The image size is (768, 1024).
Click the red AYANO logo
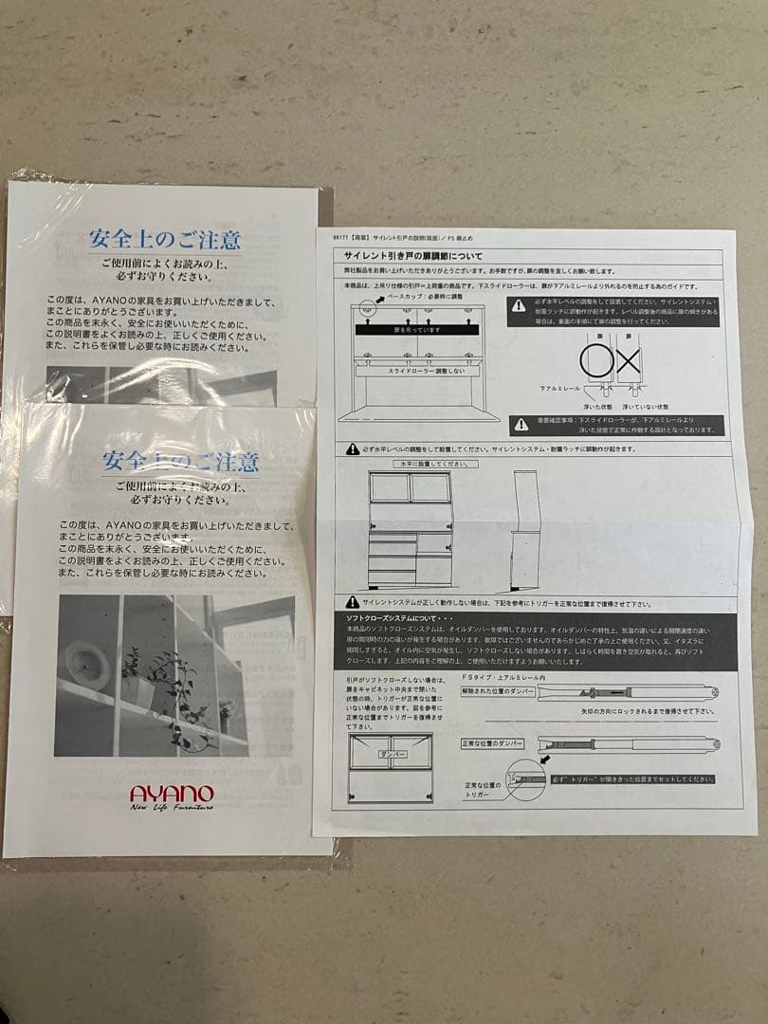[x=172, y=793]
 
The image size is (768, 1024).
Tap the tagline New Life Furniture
[x=172, y=808]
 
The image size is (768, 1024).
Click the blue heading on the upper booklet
[x=165, y=238]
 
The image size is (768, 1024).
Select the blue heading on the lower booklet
[x=180, y=462]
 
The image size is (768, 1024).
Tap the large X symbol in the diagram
[x=629, y=361]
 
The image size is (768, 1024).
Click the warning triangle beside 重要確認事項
[x=521, y=424]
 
